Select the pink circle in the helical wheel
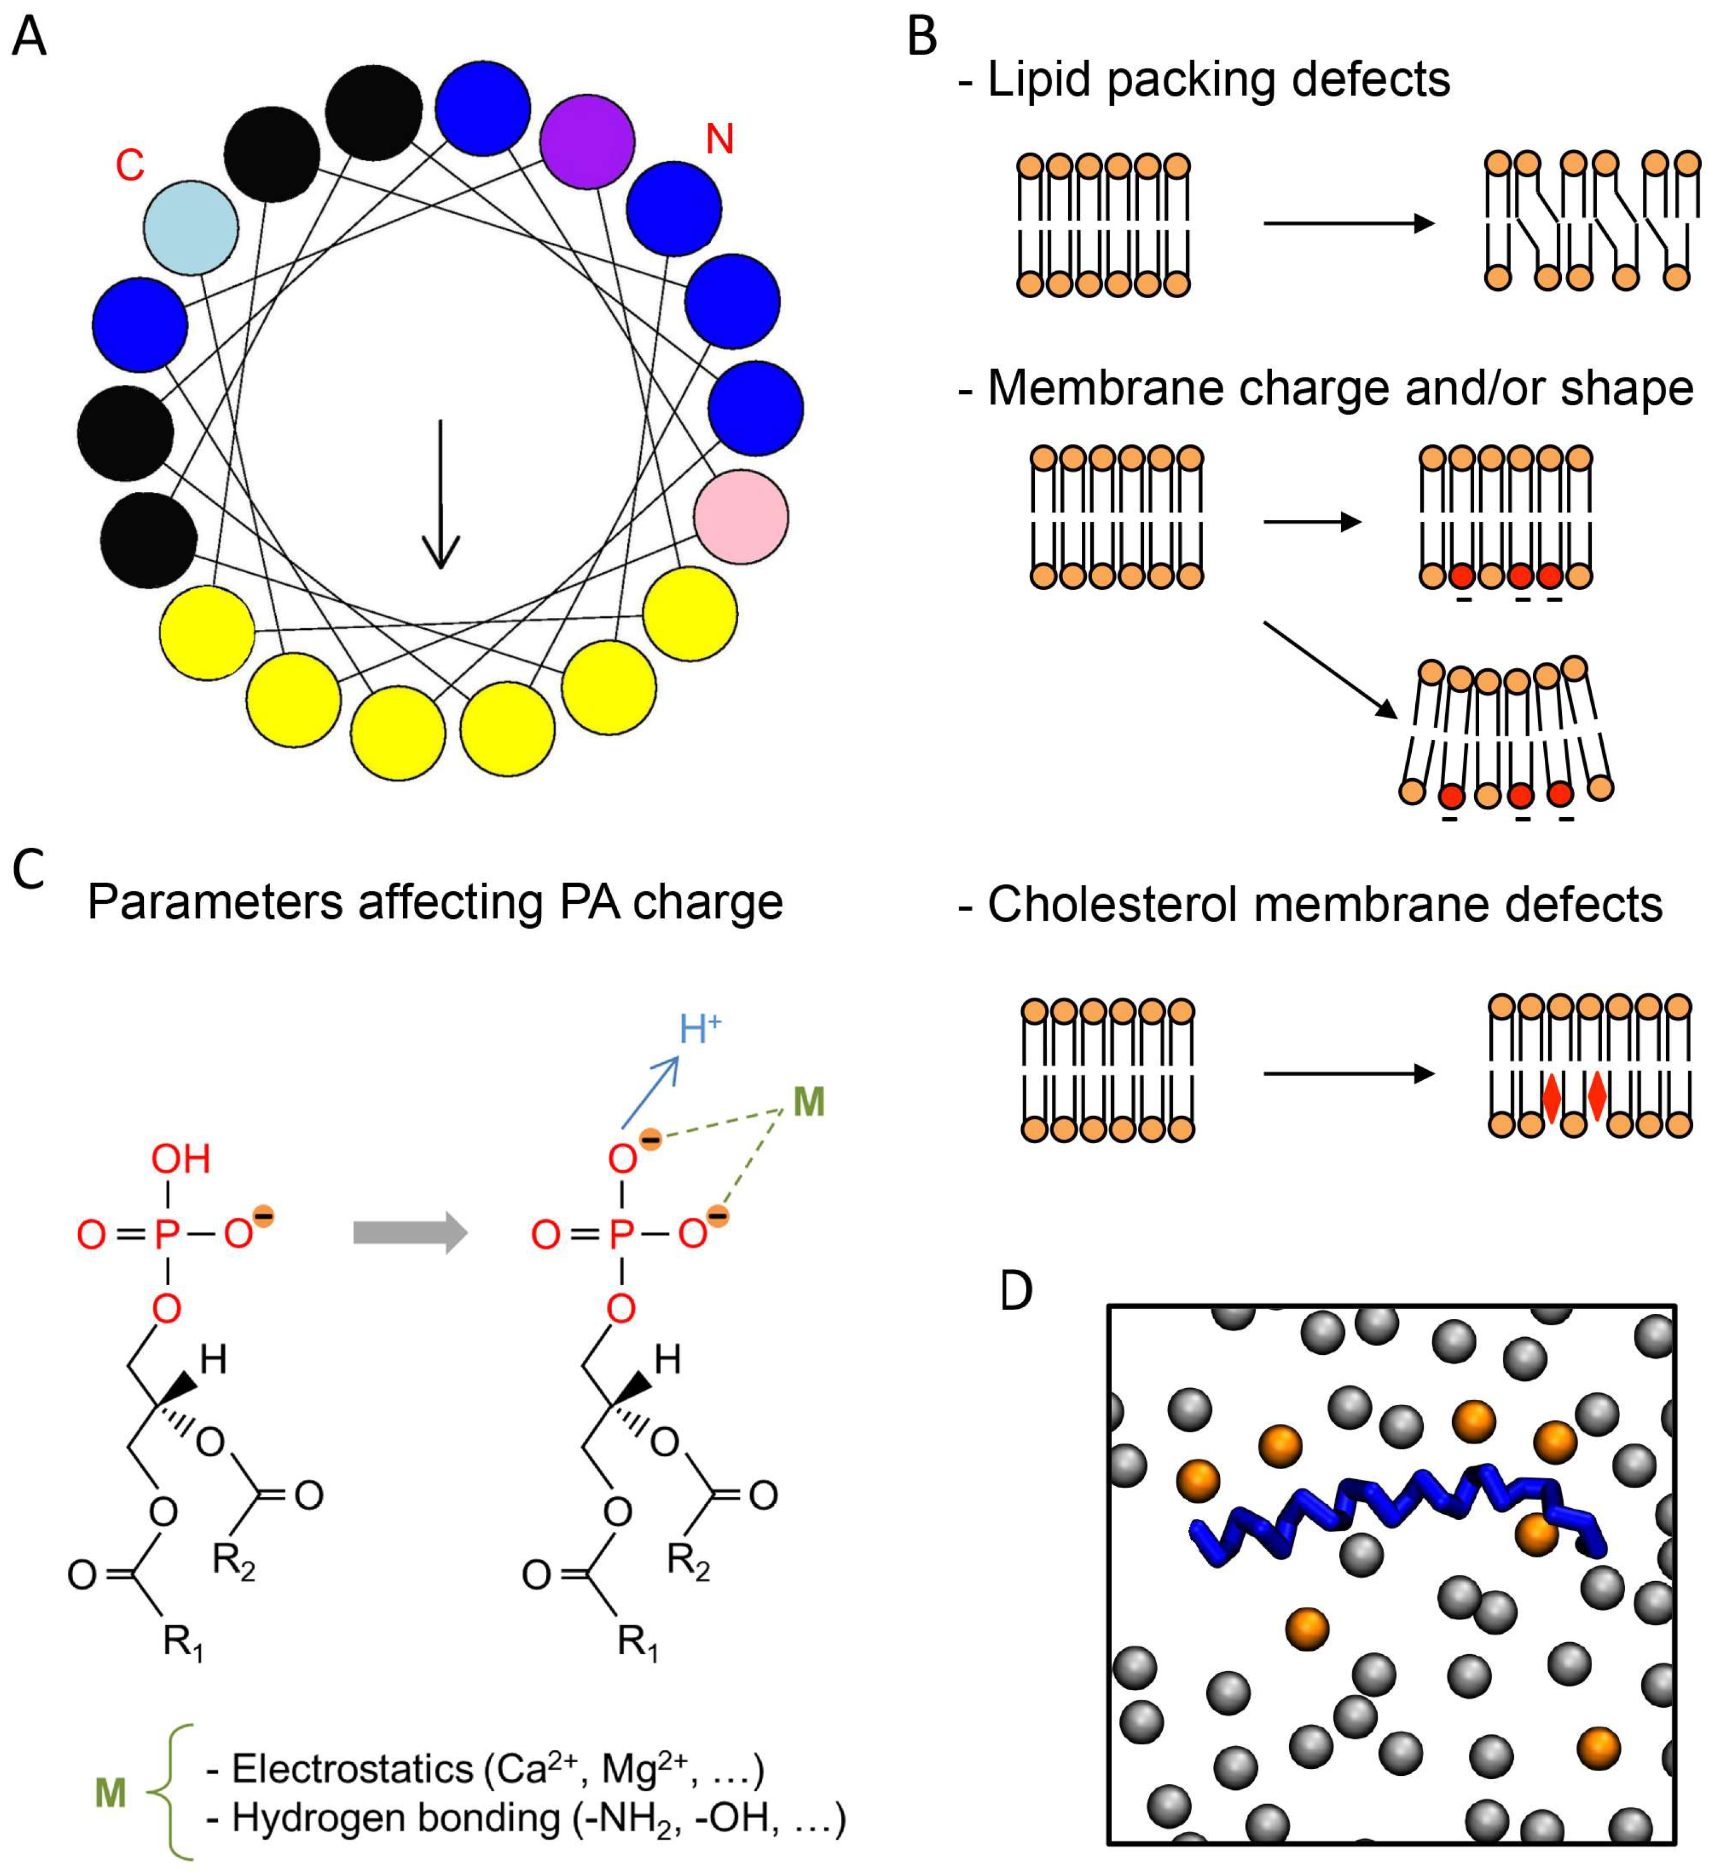[x=741, y=516]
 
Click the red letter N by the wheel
[x=720, y=139]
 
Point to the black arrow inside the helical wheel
[x=440, y=493]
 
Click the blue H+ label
[x=699, y=1029]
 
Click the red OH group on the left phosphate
[x=181, y=1159]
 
